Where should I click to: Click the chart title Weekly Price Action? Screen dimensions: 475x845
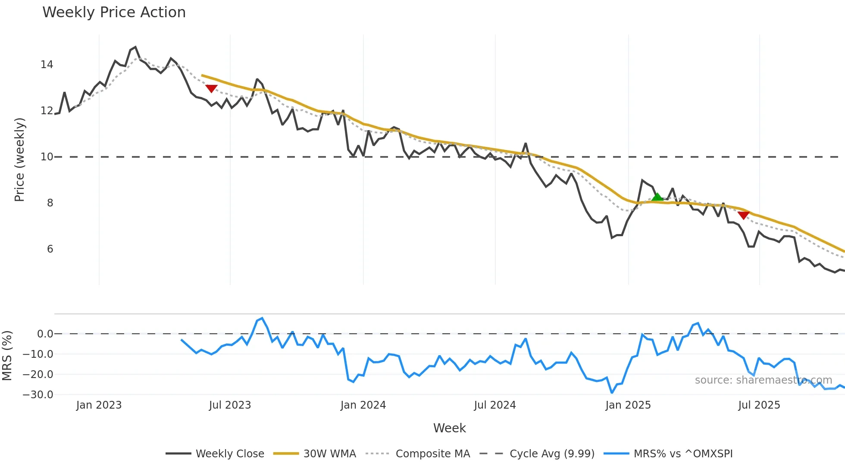(x=114, y=12)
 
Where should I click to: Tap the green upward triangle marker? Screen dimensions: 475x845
(x=657, y=197)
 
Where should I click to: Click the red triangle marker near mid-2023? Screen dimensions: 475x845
(x=211, y=88)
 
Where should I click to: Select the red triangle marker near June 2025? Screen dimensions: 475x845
(x=743, y=215)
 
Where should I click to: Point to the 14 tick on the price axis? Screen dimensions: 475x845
(x=47, y=65)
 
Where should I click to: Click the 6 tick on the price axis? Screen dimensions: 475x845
(x=50, y=249)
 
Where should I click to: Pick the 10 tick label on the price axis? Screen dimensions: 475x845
(x=47, y=157)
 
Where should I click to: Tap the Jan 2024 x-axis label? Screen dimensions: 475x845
(x=363, y=405)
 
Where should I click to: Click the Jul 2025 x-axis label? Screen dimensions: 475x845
(x=759, y=405)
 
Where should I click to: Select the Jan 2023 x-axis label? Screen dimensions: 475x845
(x=99, y=405)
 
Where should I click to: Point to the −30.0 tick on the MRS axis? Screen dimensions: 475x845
(x=38, y=395)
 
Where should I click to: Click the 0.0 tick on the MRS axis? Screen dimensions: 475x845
(x=45, y=334)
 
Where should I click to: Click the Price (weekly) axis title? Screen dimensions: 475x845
(x=20, y=159)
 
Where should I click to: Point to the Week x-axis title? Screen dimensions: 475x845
(x=449, y=428)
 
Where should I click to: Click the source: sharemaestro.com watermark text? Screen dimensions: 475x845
(x=763, y=380)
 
